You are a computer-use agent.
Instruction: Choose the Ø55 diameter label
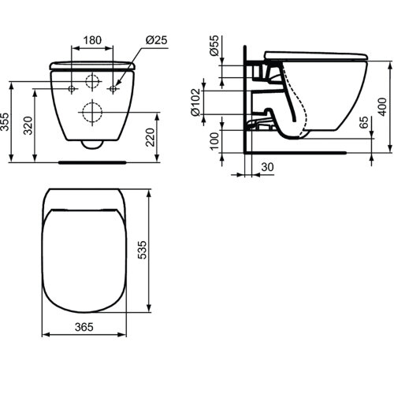214,48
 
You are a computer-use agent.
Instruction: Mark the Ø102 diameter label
195,101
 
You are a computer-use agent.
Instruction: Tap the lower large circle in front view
93,112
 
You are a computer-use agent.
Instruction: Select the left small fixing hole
72,88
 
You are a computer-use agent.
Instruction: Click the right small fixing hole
113,88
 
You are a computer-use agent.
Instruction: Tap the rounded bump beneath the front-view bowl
93,145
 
